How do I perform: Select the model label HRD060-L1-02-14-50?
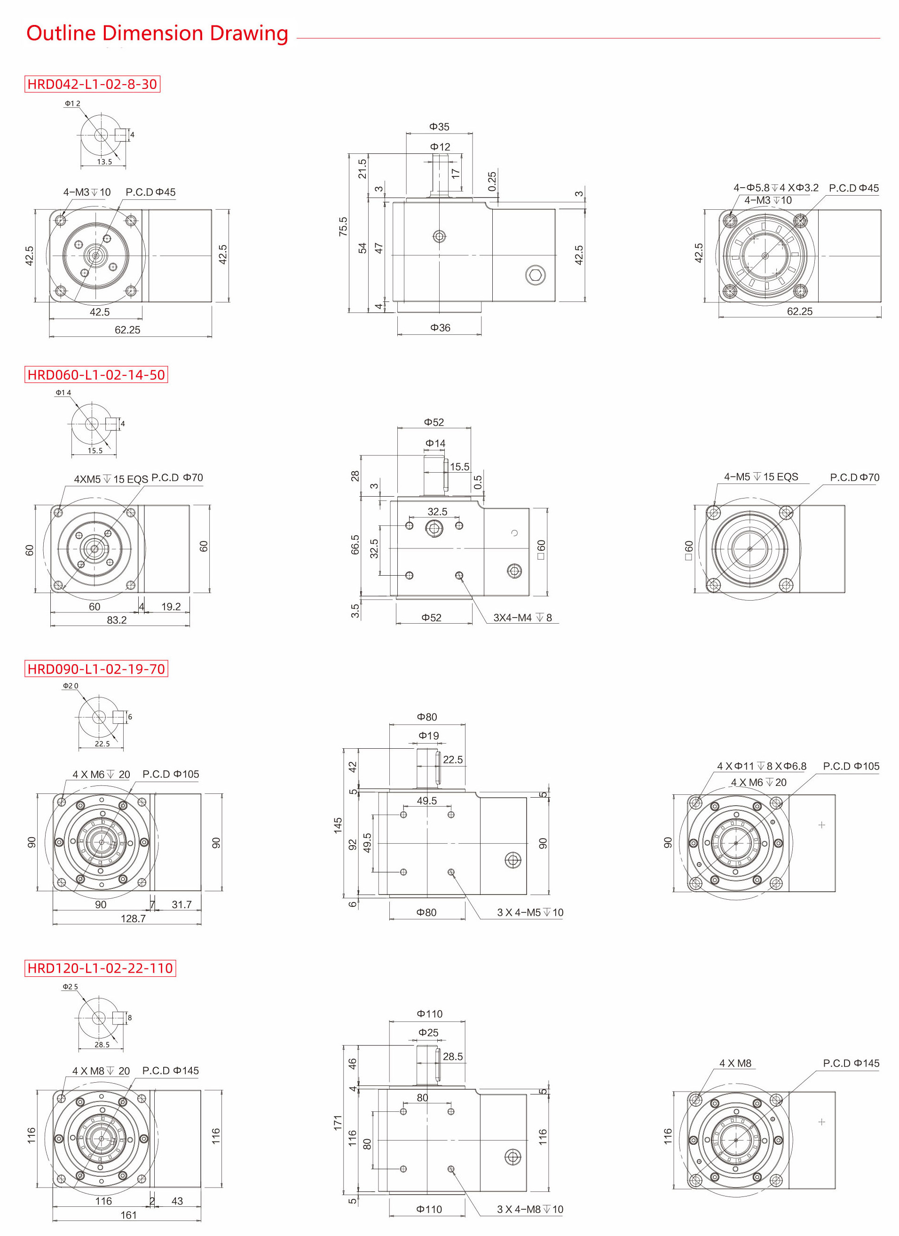(96, 375)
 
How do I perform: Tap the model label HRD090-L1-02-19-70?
(96, 669)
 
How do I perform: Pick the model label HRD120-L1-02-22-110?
(100, 968)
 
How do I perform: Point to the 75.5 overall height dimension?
(343, 226)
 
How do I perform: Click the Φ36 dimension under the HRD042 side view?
(440, 327)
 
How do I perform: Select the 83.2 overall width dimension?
(117, 620)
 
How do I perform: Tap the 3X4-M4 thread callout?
(522, 618)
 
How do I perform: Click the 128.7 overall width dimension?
(133, 918)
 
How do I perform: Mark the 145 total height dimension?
(338, 825)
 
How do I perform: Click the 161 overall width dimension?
(128, 1215)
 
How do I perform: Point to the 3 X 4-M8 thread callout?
(529, 1209)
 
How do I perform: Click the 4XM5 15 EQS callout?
(110, 479)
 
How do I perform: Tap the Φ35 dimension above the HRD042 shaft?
(439, 127)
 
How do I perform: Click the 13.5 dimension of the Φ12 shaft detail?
(104, 162)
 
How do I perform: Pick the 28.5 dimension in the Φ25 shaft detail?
(102, 1045)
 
